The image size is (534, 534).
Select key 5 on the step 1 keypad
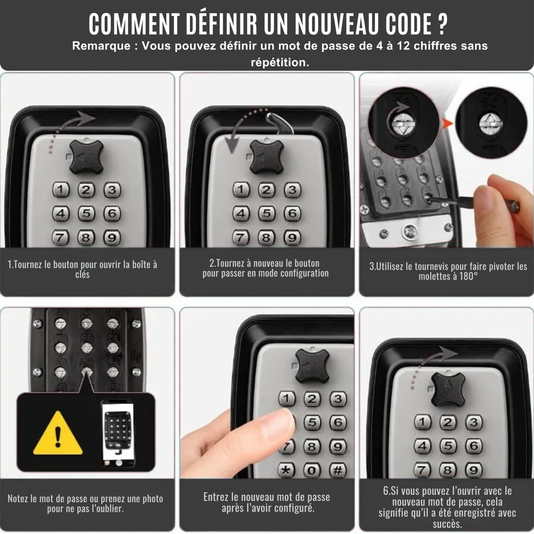pos(86,214)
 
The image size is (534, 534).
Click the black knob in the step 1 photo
pos(86,156)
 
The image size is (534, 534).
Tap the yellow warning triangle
pos(58,433)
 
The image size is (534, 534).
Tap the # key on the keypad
pos(338,471)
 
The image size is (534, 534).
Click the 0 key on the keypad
pos(312,471)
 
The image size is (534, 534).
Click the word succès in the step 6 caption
pos(447,524)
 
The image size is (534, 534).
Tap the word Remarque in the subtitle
pos(101,46)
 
